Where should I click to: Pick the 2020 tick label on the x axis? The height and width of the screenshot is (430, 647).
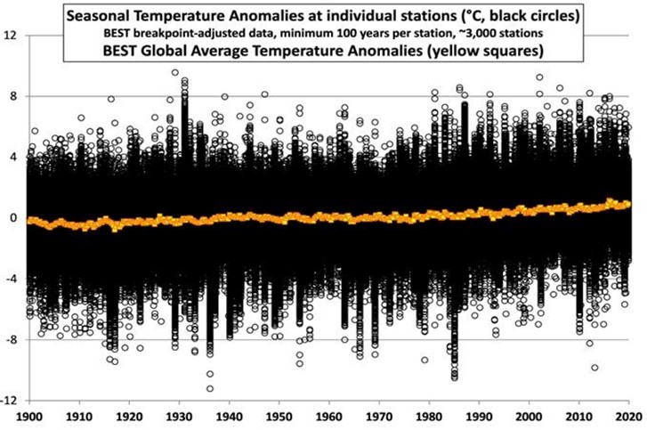[x=630, y=417]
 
